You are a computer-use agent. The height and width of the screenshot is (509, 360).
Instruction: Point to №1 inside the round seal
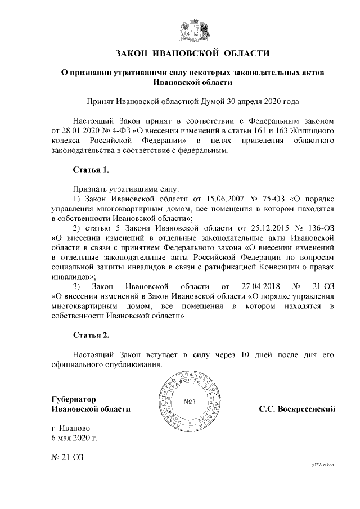pyautogui.click(x=188, y=402)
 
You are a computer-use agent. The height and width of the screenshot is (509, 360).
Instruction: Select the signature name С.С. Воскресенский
pyautogui.click(x=297, y=409)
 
